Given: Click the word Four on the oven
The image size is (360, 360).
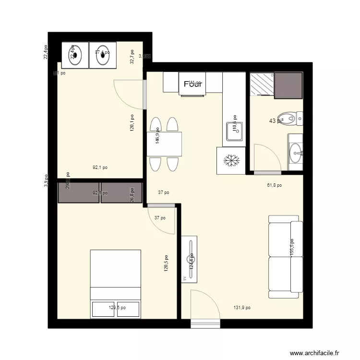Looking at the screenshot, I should pyautogui.click(x=193, y=84).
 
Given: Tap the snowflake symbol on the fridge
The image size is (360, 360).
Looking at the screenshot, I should pyautogui.click(x=232, y=161).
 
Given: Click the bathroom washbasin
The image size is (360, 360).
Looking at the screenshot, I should pyautogui.click(x=296, y=154).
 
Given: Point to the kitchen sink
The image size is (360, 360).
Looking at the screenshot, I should pyautogui.click(x=235, y=131).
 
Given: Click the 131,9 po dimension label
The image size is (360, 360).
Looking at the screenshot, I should pyautogui.click(x=241, y=308).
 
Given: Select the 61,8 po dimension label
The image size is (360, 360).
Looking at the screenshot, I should pyautogui.click(x=274, y=185).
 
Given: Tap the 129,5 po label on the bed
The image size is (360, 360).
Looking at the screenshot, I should pyautogui.click(x=117, y=308).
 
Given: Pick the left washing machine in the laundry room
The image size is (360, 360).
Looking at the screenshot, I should pyautogui.click(x=75, y=56).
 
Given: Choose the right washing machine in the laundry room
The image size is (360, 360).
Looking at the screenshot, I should pyautogui.click(x=103, y=56).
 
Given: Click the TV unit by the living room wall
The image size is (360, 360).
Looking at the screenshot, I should pyautogui.click(x=189, y=258).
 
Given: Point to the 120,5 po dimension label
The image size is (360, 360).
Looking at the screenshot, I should pyautogui.click(x=166, y=263).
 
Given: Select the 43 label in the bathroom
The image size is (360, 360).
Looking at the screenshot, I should pyautogui.click(x=275, y=121).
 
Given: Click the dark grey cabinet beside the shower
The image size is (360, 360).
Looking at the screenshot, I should pyautogui.click(x=288, y=85).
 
